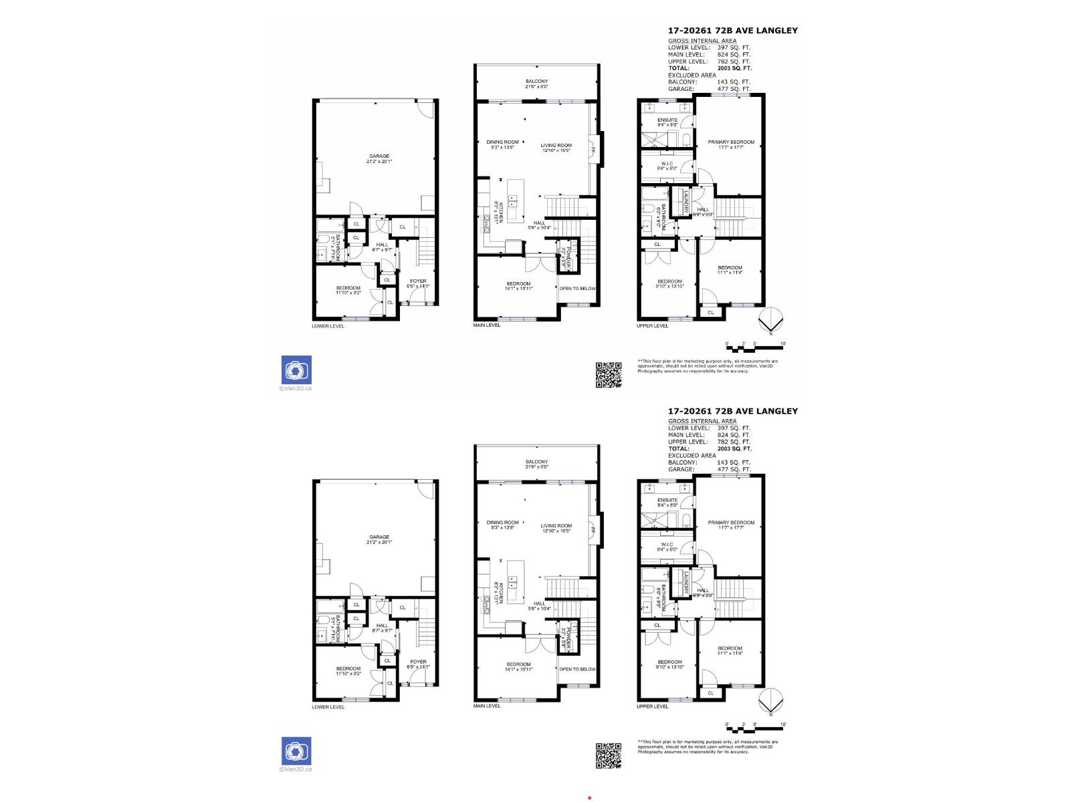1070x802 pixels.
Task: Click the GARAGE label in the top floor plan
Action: click(379, 156)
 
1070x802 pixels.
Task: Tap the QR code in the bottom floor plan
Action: click(609, 755)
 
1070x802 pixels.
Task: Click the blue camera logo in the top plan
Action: click(296, 370)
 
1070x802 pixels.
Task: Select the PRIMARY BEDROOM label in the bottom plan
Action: click(731, 523)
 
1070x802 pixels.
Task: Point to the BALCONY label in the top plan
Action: click(536, 82)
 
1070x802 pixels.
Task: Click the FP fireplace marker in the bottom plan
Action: click(593, 531)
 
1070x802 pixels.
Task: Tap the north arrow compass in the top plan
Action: click(770, 320)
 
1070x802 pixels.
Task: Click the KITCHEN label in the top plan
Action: click(497, 212)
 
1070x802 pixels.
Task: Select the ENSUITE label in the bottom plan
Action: click(667, 500)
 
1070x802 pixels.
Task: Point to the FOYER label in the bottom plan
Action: click(418, 662)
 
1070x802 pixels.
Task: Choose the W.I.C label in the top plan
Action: click(667, 164)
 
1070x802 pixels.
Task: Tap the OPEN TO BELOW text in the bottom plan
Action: click(577, 669)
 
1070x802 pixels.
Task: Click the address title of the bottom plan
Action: click(733, 411)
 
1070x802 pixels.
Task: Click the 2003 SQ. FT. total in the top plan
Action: click(734, 68)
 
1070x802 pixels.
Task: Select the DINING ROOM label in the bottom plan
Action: click(502, 523)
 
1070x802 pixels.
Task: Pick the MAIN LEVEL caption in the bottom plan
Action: click(487, 706)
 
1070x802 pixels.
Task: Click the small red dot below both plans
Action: click(589, 797)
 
